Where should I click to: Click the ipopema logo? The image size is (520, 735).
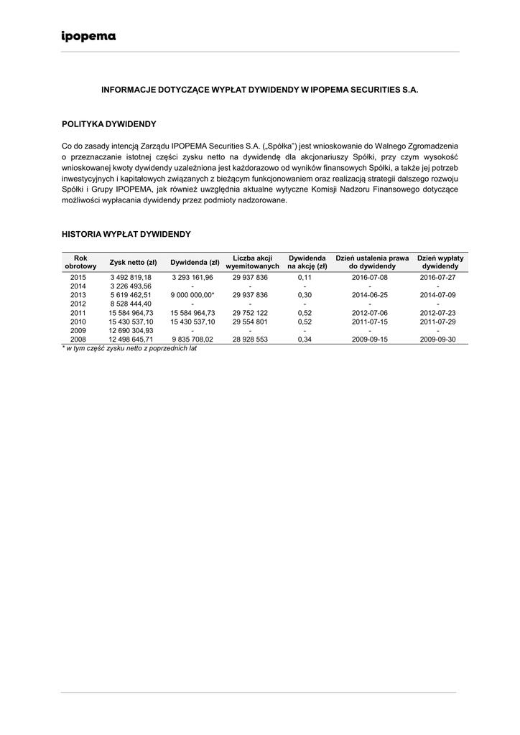point(88,37)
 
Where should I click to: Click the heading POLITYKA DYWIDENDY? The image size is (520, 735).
point(108,124)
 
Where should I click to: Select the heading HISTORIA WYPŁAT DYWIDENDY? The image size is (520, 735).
point(126,234)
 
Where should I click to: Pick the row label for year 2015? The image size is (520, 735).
point(78,277)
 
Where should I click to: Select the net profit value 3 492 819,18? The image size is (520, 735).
point(131,277)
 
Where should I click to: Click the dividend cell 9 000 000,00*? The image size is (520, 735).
point(192,295)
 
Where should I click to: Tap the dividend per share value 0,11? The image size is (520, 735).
point(305,277)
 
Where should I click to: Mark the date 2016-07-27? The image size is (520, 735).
point(438,277)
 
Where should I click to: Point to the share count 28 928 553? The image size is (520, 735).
point(250,340)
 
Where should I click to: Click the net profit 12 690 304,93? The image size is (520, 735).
point(131,330)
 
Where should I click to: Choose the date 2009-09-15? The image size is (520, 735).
point(370,340)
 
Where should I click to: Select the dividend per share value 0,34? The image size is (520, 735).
point(305,340)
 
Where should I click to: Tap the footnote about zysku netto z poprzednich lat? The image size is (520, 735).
point(129,348)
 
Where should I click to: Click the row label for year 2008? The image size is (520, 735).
point(78,340)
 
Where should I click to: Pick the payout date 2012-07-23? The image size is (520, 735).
point(438,313)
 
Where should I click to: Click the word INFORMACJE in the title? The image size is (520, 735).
point(128,91)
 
